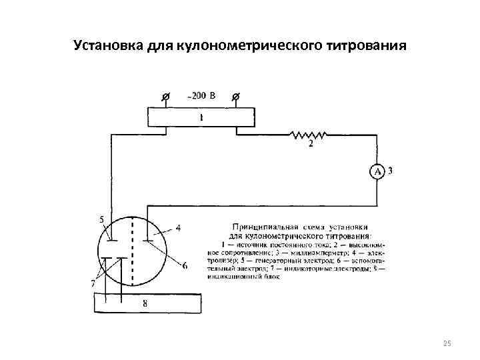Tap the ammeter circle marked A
pyautogui.click(x=377, y=172)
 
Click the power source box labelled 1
pyautogui.click(x=200, y=117)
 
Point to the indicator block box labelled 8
pyautogui.click(x=146, y=303)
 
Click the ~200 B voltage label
pyautogui.click(x=201, y=97)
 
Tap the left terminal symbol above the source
pyautogui.click(x=166, y=97)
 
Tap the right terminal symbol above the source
pyautogui.click(x=235, y=97)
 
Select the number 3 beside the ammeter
pyautogui.click(x=390, y=171)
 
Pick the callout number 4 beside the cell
pyautogui.click(x=179, y=227)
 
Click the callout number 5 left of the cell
pyautogui.click(x=101, y=219)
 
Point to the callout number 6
pyautogui.click(x=185, y=266)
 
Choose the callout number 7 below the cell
pyautogui.click(x=93, y=283)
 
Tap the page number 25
pyautogui.click(x=447, y=343)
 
